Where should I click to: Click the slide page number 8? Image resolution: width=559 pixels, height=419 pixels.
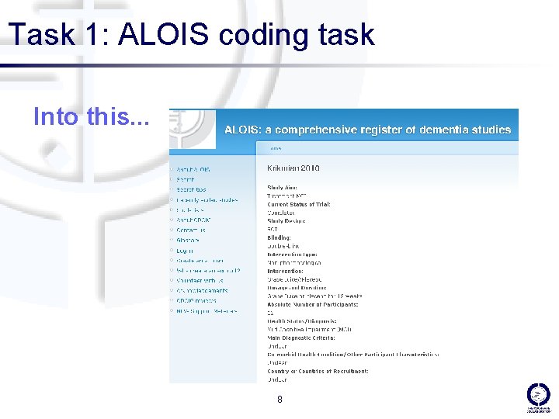click(x=279, y=400)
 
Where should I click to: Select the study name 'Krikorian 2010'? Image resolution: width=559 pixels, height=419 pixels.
click(x=293, y=168)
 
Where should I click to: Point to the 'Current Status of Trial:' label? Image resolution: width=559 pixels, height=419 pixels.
click(x=299, y=204)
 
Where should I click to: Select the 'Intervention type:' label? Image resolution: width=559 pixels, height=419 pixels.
click(x=292, y=255)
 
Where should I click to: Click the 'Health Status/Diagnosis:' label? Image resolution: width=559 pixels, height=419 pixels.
click(x=302, y=321)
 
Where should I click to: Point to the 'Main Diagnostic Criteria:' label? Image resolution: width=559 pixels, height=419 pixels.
click(x=301, y=338)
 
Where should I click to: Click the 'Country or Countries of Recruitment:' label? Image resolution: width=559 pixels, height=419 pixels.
click(x=318, y=372)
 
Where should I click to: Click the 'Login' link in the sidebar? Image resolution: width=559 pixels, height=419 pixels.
click(x=185, y=251)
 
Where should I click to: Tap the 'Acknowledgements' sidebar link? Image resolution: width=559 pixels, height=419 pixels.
click(x=202, y=291)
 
